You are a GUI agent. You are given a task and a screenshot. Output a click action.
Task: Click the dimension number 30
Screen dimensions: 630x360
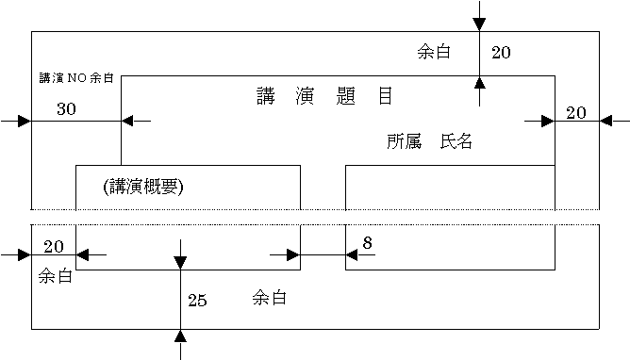(66, 108)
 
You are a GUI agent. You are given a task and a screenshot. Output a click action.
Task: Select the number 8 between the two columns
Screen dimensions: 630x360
(367, 243)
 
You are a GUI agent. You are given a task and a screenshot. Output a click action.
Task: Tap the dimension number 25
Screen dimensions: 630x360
(198, 301)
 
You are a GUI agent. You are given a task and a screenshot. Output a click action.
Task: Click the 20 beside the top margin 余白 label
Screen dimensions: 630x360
(501, 53)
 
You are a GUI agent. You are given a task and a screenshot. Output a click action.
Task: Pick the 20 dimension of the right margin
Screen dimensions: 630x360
(576, 113)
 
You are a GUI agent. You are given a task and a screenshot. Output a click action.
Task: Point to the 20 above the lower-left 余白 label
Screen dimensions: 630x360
(54, 246)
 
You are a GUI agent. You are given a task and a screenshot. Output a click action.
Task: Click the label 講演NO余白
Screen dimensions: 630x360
(76, 78)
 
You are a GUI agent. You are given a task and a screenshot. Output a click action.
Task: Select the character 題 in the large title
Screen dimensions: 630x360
(346, 96)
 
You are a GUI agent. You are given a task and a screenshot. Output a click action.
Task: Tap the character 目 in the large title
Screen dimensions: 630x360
(386, 96)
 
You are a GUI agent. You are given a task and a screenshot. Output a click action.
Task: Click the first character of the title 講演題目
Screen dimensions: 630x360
(266, 96)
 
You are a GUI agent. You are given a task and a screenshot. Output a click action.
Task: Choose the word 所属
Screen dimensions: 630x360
(405, 141)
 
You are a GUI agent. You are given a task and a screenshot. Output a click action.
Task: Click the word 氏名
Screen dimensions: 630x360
(456, 141)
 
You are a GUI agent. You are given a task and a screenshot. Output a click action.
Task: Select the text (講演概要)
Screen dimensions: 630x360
(143, 187)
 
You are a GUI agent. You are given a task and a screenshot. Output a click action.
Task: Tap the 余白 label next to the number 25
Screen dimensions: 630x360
(270, 298)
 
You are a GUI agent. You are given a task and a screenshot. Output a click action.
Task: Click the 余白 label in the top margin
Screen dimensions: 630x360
(434, 52)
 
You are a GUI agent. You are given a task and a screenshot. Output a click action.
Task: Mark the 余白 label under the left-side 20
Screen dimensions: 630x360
(56, 276)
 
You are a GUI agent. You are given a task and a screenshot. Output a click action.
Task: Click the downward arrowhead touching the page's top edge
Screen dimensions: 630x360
(479, 25)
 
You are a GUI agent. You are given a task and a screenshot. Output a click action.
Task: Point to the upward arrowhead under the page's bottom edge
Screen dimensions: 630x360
(180, 335)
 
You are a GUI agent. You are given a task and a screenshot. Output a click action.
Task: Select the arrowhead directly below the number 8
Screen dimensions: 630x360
(352, 254)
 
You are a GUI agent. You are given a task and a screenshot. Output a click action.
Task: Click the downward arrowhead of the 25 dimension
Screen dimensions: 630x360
(180, 263)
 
